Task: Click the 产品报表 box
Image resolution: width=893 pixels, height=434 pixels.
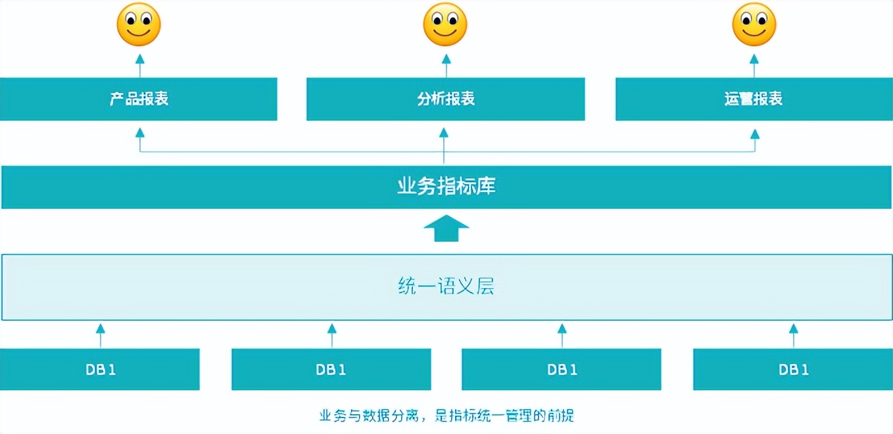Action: pyautogui.click(x=139, y=99)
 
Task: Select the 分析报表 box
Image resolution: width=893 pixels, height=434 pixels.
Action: pyautogui.click(x=445, y=99)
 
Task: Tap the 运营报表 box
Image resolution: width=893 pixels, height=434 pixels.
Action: pyautogui.click(x=754, y=99)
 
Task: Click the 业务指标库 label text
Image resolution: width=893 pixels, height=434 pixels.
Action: pyautogui.click(x=446, y=187)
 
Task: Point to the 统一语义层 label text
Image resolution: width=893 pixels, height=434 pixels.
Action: pyautogui.click(x=446, y=287)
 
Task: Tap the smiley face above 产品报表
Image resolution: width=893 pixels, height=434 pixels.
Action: pyautogui.click(x=139, y=25)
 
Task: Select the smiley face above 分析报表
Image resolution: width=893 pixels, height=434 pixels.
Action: pyautogui.click(x=445, y=25)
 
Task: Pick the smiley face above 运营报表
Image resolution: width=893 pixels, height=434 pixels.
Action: pyautogui.click(x=754, y=25)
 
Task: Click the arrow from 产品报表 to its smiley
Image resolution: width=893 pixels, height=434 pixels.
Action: pyautogui.click(x=139, y=65)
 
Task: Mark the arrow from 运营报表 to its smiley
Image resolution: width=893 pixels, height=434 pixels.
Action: pyautogui.click(x=754, y=65)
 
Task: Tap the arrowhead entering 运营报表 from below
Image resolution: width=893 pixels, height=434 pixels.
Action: pyautogui.click(x=755, y=133)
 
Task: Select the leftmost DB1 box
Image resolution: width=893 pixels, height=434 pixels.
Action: pyautogui.click(x=100, y=370)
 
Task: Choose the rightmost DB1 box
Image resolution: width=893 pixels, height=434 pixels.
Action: pyautogui.click(x=793, y=370)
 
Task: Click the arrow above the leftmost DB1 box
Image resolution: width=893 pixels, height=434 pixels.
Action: pyautogui.click(x=100, y=334)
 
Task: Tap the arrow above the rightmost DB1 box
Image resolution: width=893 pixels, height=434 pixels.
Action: pyautogui.click(x=793, y=334)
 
